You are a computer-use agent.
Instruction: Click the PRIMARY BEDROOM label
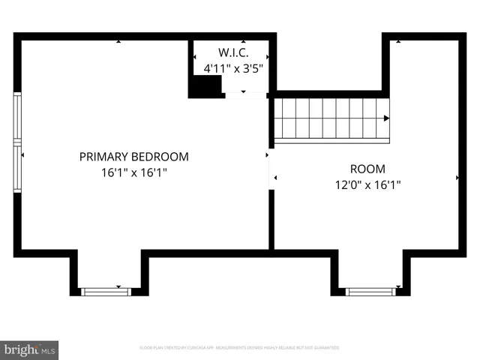coord(134,157)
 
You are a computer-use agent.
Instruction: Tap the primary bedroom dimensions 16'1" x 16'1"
coord(134,172)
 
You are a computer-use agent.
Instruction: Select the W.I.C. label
coord(232,52)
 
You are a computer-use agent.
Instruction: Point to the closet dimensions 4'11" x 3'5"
coord(232,68)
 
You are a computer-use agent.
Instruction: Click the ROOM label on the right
coord(367,169)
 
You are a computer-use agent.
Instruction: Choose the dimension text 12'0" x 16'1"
coord(367,184)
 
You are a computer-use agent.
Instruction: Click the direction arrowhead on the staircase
coord(386,118)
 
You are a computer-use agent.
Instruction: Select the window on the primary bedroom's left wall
coord(17,142)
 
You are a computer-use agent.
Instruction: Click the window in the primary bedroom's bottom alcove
coord(106,291)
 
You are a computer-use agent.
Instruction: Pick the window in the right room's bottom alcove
coord(371,291)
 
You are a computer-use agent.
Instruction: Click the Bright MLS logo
coord(30,349)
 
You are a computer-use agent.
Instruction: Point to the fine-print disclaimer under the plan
coord(239,348)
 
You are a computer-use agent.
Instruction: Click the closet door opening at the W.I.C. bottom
coord(244,94)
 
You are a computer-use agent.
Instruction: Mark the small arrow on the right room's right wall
coord(457,178)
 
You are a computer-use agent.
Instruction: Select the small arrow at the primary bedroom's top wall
coord(119,42)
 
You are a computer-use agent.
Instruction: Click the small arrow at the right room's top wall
coord(398,42)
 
